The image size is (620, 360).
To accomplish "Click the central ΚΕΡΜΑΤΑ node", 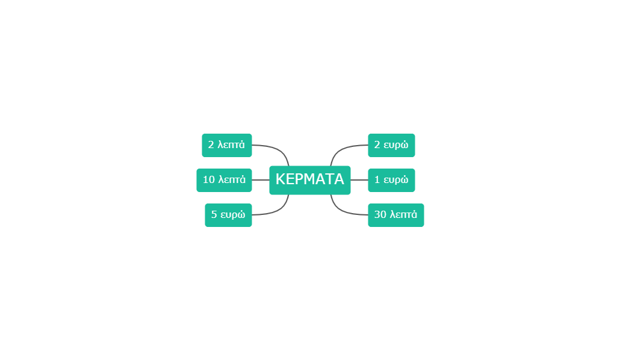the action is click(x=310, y=180).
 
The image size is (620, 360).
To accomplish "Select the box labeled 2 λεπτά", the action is click(x=227, y=145).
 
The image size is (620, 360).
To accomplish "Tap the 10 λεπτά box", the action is click(x=224, y=180).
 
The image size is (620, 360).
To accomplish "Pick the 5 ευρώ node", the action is click(x=229, y=215).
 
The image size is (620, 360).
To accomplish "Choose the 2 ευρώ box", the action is click(x=391, y=145).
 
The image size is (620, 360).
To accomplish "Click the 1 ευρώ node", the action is click(x=391, y=180).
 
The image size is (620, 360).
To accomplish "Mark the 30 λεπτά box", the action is click(x=396, y=215).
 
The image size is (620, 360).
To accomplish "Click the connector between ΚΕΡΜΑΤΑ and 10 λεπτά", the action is click(x=261, y=180).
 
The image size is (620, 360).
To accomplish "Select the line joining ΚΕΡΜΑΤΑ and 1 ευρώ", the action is click(x=359, y=180).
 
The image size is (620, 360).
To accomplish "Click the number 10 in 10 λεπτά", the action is click(x=209, y=179).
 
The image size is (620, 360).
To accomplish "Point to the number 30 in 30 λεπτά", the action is click(x=380, y=214).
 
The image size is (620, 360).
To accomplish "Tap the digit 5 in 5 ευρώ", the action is click(x=214, y=214).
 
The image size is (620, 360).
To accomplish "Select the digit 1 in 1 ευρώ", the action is click(x=377, y=179).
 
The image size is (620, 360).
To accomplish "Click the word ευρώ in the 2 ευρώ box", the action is click(x=396, y=145).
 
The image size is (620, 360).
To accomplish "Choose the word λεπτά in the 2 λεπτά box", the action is click(x=231, y=145).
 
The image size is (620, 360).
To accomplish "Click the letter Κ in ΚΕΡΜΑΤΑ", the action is click(x=281, y=179).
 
